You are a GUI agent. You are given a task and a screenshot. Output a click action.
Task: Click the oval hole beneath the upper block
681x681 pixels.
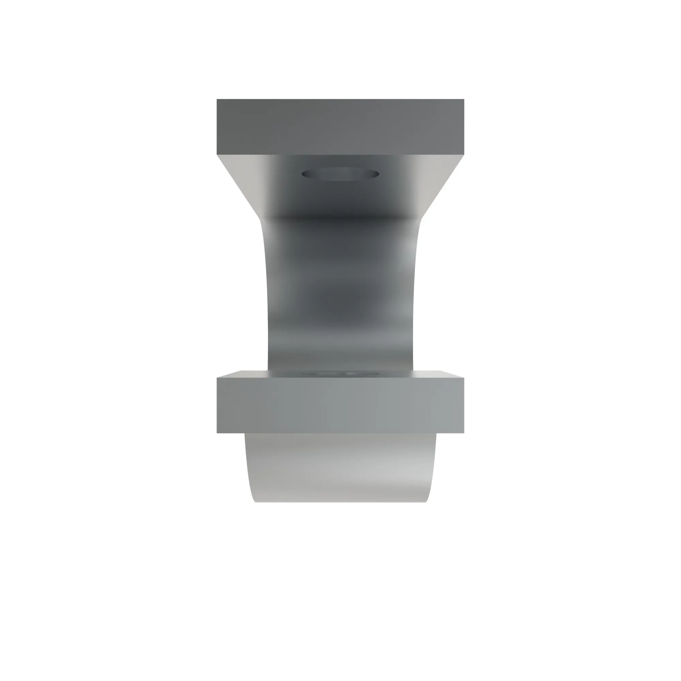click(340, 174)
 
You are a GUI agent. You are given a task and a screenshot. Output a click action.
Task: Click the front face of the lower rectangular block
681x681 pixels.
click(340, 405)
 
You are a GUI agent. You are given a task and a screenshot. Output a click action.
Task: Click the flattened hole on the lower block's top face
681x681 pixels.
click(340, 373)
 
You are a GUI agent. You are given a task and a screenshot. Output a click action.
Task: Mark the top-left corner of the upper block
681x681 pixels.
click(217, 100)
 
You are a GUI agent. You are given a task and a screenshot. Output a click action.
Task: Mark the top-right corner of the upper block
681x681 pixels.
click(464, 100)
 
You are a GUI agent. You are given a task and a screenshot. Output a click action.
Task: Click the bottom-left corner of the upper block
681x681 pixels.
click(217, 154)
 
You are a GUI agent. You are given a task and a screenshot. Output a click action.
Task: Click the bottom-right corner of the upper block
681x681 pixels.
click(464, 154)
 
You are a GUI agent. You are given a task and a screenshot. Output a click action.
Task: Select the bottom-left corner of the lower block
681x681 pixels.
click(217, 432)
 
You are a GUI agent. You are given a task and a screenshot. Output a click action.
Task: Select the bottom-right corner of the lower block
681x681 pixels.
click(464, 432)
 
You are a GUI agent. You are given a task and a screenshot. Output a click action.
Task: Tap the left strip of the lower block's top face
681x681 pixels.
click(243, 374)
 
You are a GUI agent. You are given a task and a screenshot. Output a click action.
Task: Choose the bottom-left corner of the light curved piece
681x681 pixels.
click(255, 502)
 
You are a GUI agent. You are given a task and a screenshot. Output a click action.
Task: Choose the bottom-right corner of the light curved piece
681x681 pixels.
click(426, 502)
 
